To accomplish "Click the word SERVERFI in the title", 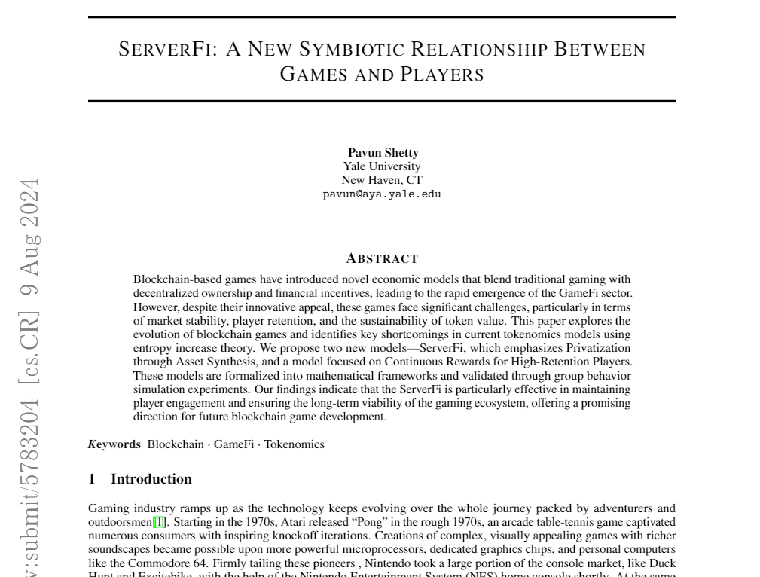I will (168, 50).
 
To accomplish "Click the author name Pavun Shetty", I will (383, 153).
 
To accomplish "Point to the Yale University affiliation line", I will (382, 166).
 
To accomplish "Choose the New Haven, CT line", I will (382, 180).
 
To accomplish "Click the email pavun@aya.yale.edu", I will (382, 194).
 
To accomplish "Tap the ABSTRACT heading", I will (382, 259).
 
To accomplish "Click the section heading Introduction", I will (151, 479).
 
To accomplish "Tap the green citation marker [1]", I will (159, 522).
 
